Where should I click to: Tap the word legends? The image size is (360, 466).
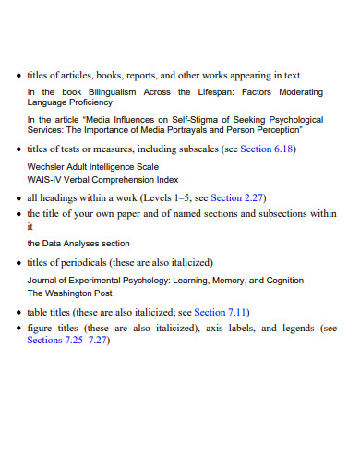297,328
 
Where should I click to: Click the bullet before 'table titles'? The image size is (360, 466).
18,312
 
